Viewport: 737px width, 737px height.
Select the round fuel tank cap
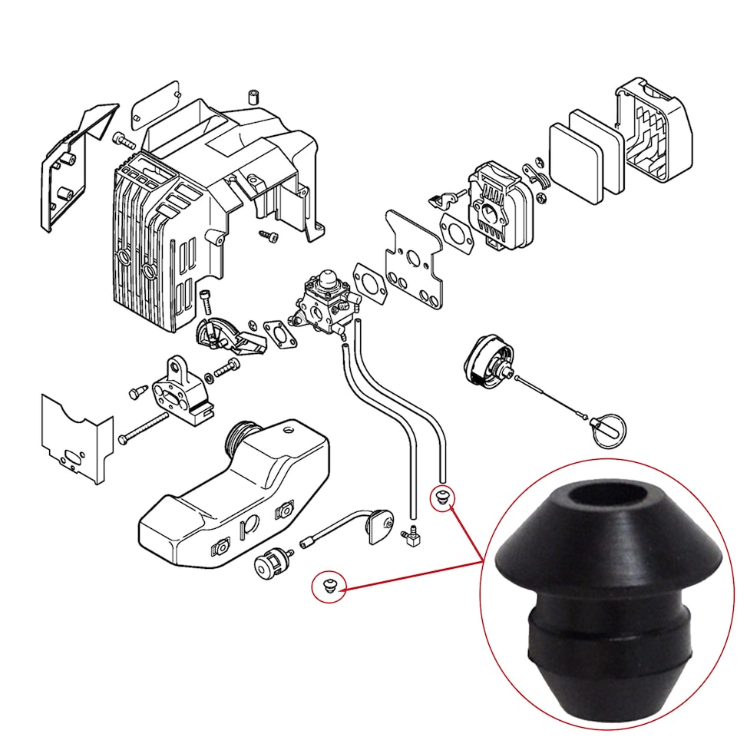pyautogui.click(x=485, y=359)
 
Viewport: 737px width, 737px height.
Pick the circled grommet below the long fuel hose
pyautogui.click(x=441, y=497)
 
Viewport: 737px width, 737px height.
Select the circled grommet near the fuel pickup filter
pyautogui.click(x=328, y=587)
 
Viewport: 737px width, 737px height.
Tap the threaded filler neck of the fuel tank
pyautogui.click(x=244, y=439)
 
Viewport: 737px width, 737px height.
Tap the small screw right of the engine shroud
pyautogui.click(x=269, y=233)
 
